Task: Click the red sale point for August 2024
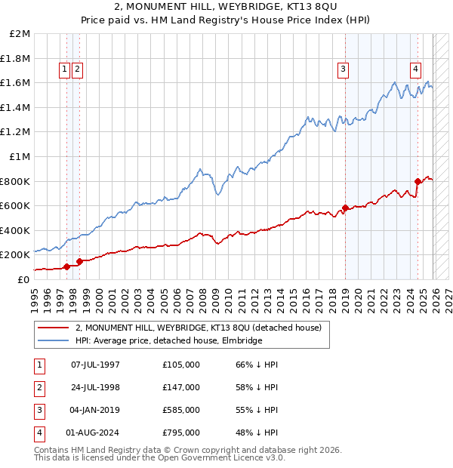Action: tap(418, 181)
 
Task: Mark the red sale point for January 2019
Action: tap(345, 208)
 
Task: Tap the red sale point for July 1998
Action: tap(79, 261)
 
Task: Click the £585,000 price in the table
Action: tap(181, 410)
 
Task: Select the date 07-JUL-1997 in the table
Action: tap(95, 365)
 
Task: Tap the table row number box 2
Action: tap(39, 387)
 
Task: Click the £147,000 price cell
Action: tap(181, 387)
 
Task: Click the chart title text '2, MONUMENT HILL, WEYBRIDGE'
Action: tap(226, 8)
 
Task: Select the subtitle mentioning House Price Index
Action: tap(226, 21)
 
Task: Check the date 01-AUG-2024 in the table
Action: tap(95, 433)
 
